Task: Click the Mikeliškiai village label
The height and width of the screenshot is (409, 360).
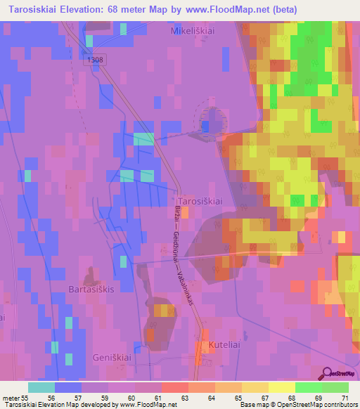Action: (195, 32)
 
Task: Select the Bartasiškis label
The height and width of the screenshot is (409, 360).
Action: (91, 289)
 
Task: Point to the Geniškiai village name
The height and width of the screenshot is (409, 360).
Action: (113, 358)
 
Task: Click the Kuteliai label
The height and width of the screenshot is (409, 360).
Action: (224, 345)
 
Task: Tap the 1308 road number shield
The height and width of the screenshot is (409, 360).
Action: (96, 60)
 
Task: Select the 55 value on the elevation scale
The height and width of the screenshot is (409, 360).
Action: (25, 397)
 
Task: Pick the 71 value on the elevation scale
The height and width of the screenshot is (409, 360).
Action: (344, 397)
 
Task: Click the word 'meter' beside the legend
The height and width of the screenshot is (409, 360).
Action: (11, 397)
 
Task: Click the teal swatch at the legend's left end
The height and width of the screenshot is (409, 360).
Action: (41, 387)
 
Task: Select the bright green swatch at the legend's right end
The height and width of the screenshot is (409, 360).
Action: (335, 387)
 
